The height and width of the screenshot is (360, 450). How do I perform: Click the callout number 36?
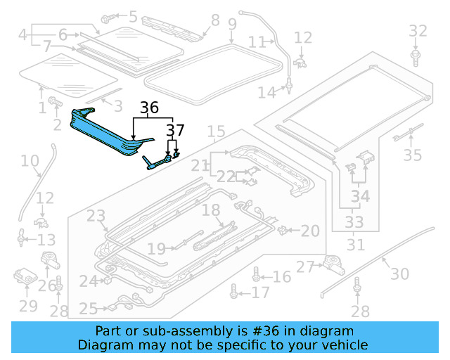click(149, 108)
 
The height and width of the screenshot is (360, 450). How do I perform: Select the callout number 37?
click(175, 131)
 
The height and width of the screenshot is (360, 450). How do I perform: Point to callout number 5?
click(132, 15)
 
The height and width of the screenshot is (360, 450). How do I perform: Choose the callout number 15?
click(216, 131)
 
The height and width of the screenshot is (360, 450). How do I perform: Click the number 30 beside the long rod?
click(399, 274)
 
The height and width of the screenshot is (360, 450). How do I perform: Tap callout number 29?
click(28, 305)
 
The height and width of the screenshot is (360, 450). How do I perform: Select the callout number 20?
click(310, 230)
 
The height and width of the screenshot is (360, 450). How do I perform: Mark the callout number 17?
click(260, 292)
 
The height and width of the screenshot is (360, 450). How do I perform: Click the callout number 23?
click(96, 216)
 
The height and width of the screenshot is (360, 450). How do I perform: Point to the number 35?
click(413, 155)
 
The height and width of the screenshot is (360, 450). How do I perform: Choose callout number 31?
click(356, 245)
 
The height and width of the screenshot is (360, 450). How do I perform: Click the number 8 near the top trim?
click(215, 20)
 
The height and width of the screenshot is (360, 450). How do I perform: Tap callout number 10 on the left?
click(30, 162)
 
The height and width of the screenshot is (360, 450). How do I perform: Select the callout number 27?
click(305, 266)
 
